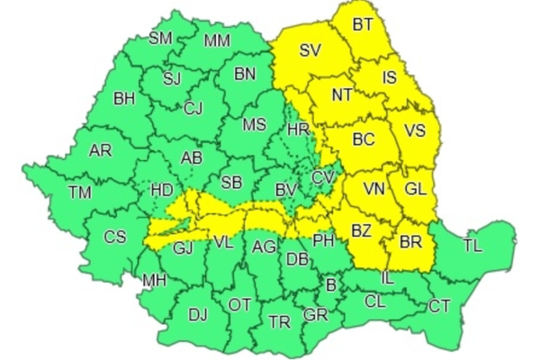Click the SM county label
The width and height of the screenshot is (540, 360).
[x=161, y=38]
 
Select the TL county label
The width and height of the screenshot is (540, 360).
[x=472, y=245]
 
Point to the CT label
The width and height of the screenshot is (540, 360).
[x=439, y=306]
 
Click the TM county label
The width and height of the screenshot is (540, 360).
[x=80, y=192]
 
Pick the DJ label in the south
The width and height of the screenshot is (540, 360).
[x=197, y=314]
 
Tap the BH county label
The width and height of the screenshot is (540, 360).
[x=125, y=97]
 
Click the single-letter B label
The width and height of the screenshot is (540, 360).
[x=331, y=285]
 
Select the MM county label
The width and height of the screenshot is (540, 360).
[x=216, y=40]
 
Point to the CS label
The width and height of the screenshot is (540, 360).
[x=115, y=237]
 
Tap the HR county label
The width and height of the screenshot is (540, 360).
[x=298, y=130]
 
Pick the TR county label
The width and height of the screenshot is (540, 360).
[x=280, y=321]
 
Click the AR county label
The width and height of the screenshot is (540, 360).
[x=100, y=150]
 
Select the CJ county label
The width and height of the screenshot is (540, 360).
[x=193, y=109]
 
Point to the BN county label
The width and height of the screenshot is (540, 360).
[x=245, y=75]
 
